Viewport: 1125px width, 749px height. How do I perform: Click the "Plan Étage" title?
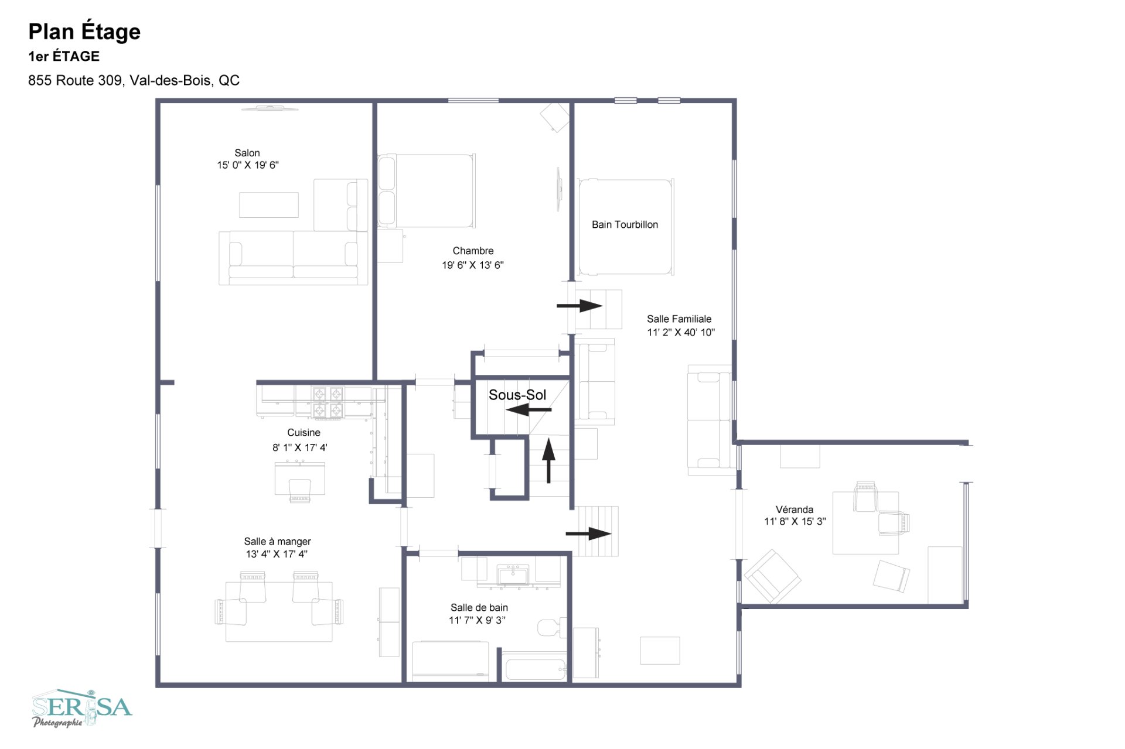click(84, 32)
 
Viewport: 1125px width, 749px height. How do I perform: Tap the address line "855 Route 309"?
click(75, 80)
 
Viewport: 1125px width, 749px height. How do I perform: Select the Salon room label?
click(247, 153)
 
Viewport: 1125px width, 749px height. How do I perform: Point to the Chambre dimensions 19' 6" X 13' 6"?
click(473, 265)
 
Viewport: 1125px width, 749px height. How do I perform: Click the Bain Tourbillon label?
click(625, 225)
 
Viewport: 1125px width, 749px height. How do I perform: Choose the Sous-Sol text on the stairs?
click(517, 395)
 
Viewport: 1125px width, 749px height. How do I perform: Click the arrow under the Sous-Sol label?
click(529, 410)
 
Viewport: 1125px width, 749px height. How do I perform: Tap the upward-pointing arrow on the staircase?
click(548, 461)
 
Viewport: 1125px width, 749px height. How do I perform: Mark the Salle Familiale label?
click(679, 319)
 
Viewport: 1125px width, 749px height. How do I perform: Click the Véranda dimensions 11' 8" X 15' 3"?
click(795, 521)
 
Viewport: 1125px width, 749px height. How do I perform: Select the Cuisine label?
click(304, 433)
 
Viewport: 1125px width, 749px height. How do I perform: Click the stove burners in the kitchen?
click(328, 402)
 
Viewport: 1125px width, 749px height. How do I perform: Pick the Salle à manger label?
click(278, 542)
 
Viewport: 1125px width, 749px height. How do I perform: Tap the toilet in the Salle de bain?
click(552, 627)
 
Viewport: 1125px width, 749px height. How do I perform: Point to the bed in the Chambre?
click(427, 191)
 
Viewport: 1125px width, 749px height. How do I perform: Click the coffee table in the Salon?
click(269, 205)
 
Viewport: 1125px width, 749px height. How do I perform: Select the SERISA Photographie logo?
click(82, 709)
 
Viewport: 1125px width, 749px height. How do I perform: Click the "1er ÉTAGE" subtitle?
click(64, 56)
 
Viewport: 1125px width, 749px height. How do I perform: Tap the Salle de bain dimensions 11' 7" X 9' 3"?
click(478, 620)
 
